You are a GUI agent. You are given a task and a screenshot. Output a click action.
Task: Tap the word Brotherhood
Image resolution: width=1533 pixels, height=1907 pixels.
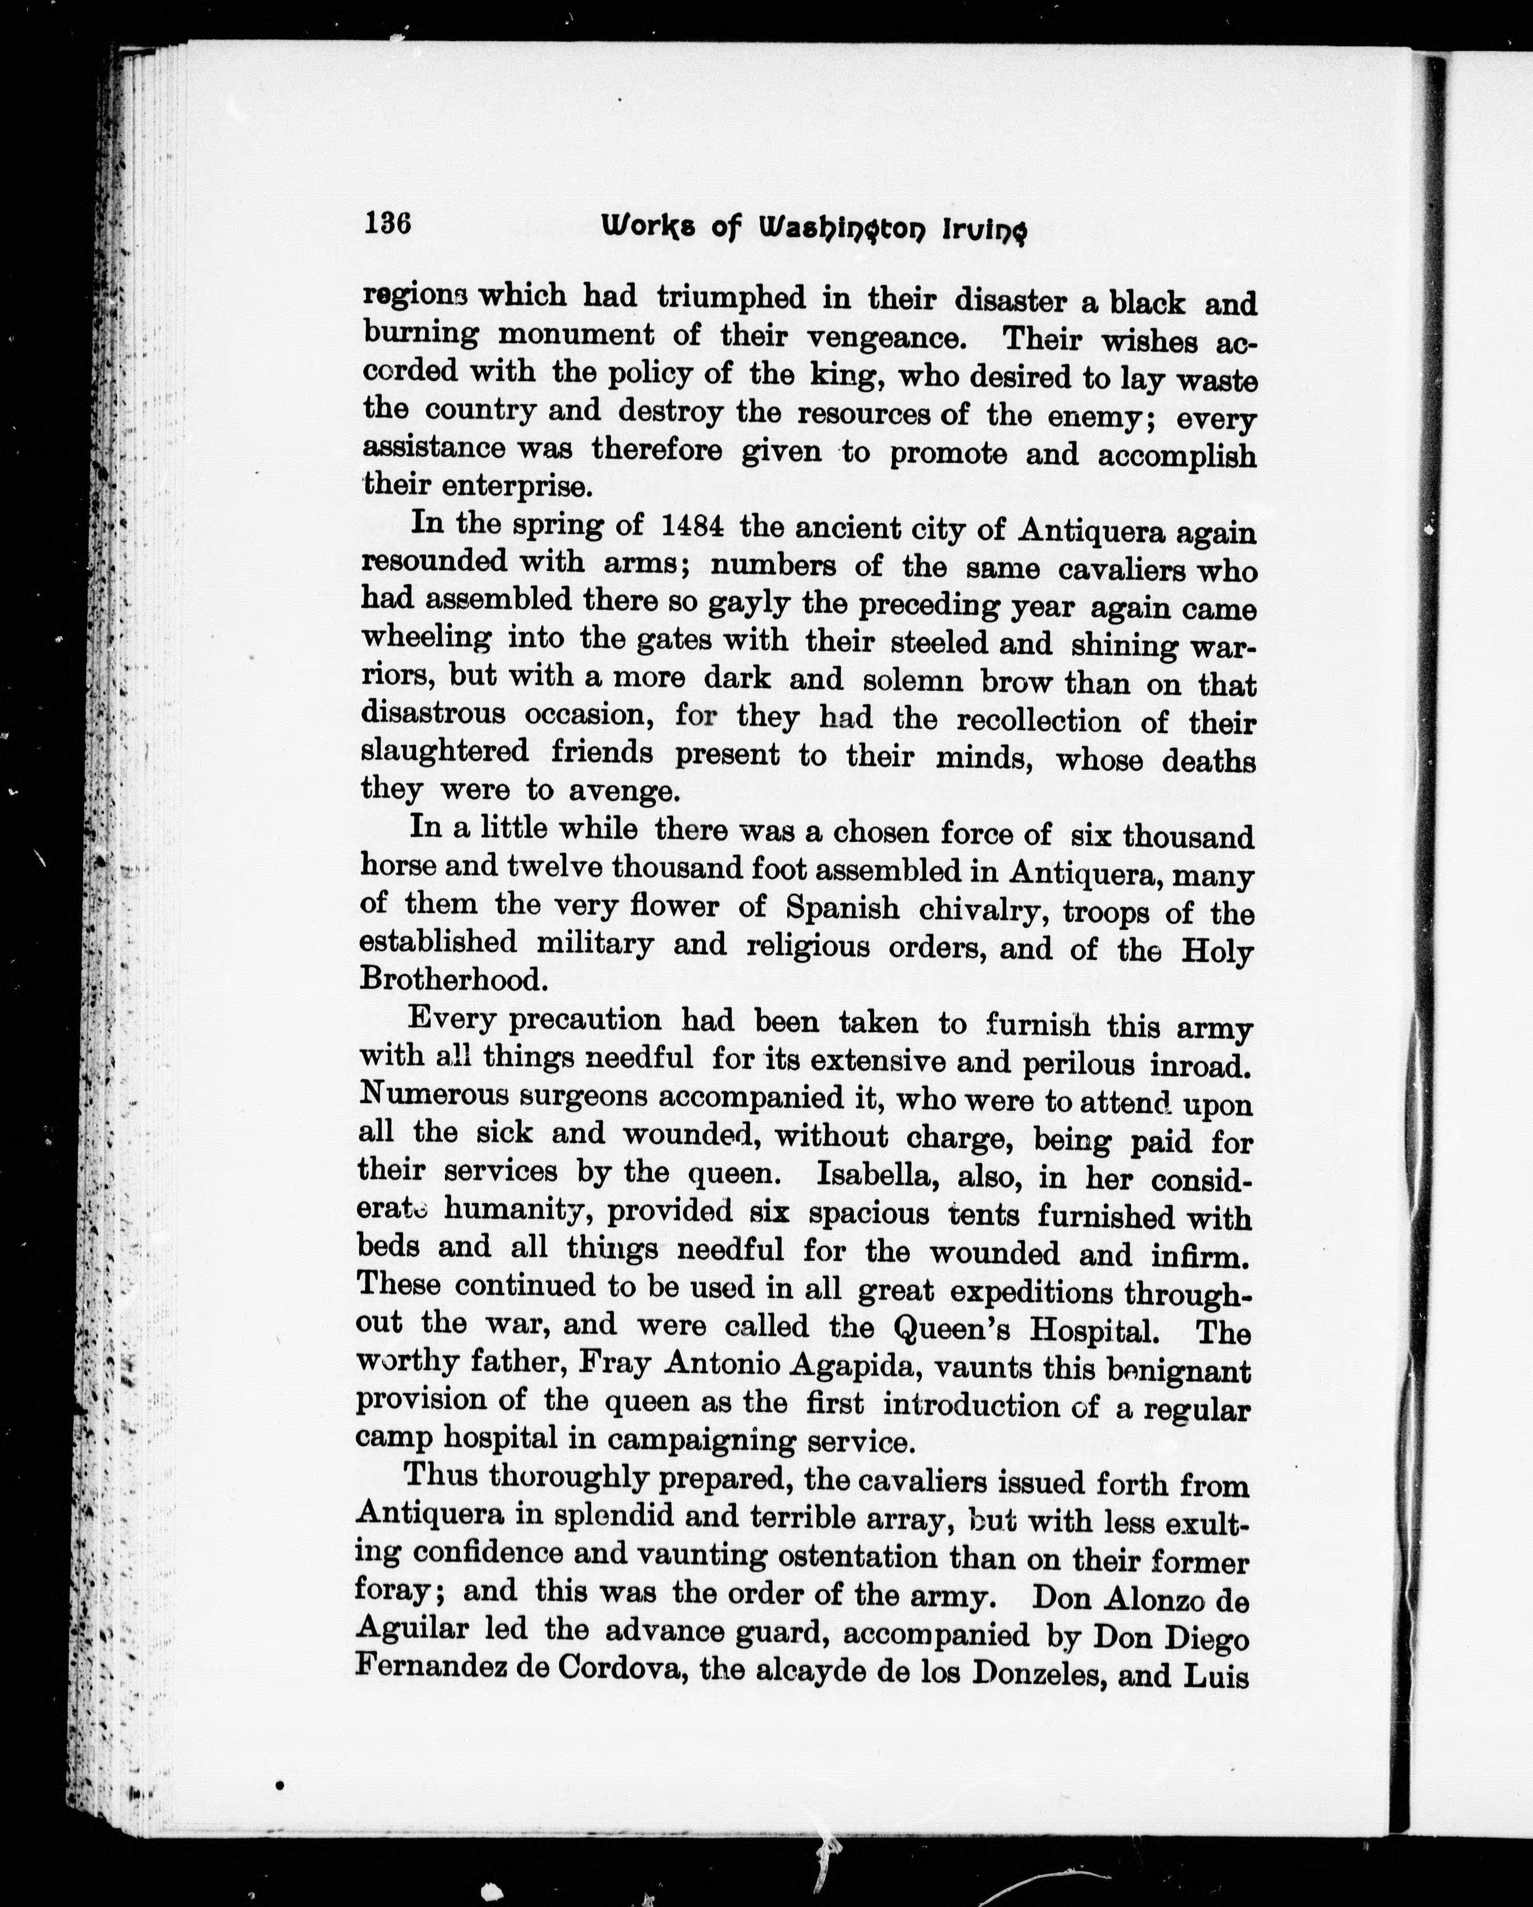tap(449, 979)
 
